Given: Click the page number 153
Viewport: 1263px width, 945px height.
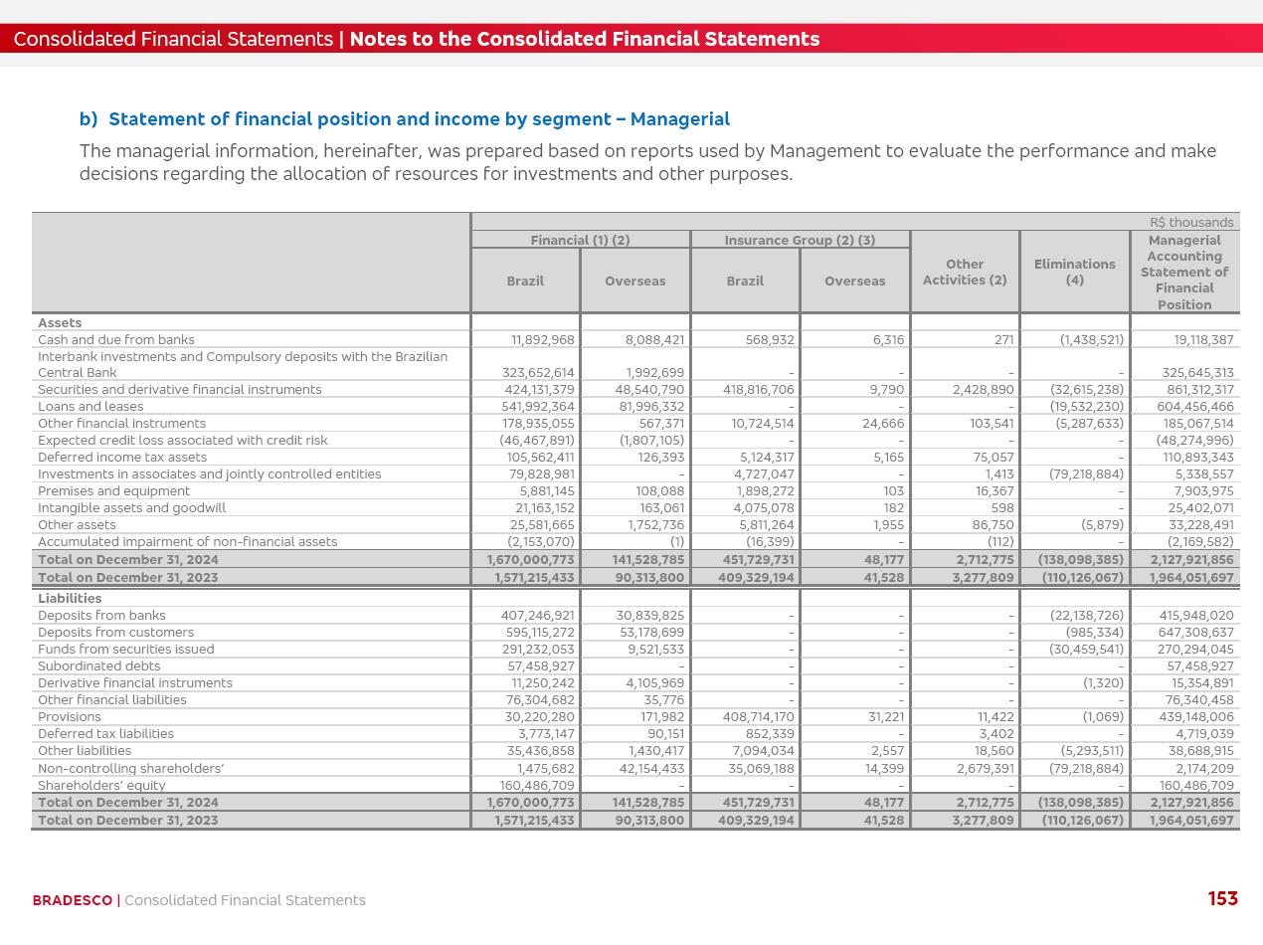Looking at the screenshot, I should click(1222, 899).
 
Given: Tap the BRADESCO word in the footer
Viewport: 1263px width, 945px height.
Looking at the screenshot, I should click(72, 900).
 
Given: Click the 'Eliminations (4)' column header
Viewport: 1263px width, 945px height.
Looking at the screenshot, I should click(1074, 272).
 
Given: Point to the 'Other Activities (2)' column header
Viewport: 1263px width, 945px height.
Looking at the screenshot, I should click(964, 272).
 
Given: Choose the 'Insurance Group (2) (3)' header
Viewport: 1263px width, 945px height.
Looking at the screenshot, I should click(800, 241).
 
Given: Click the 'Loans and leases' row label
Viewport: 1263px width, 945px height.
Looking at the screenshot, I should click(90, 407).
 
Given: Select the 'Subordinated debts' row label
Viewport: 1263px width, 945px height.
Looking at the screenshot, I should click(98, 666).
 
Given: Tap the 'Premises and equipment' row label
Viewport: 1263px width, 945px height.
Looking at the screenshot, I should click(113, 491).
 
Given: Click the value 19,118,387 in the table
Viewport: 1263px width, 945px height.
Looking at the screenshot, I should click(1203, 340).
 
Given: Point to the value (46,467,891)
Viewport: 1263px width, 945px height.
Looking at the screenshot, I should click(537, 441).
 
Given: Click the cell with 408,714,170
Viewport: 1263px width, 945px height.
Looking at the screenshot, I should click(758, 717).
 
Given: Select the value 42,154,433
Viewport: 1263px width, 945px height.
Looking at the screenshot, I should click(649, 768).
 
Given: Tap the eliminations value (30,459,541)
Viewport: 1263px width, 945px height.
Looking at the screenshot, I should click(1087, 650).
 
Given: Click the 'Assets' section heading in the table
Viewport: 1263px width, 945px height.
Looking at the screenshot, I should click(60, 323).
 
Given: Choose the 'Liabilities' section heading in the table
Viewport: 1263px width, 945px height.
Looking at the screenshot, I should click(70, 599).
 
